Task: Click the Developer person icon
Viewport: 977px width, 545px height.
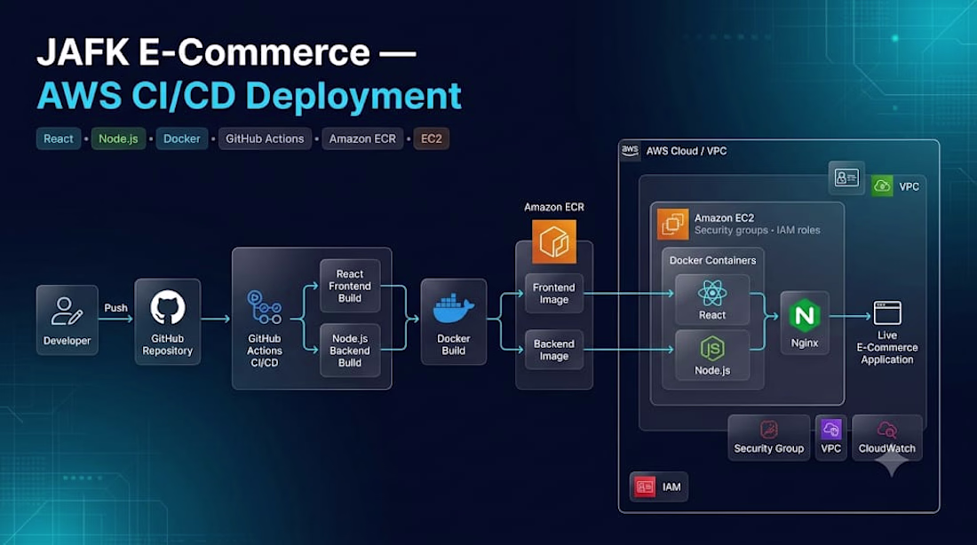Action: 67,311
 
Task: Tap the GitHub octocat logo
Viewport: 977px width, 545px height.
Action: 168,307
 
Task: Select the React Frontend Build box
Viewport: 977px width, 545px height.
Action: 350,286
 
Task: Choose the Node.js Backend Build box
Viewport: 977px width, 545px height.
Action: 350,351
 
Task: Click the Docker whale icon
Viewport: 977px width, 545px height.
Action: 453,309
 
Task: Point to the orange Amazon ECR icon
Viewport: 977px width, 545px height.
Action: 554,241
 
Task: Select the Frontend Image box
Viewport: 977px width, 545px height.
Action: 554,294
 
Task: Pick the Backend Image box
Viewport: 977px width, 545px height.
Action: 554,350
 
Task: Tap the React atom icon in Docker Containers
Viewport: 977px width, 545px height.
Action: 712,293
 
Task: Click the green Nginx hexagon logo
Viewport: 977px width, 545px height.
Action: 805,315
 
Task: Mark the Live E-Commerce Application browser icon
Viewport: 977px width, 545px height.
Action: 887,312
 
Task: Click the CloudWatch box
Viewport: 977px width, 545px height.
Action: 886,438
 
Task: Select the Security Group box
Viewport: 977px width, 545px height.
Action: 769,438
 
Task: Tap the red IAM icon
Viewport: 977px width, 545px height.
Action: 645,486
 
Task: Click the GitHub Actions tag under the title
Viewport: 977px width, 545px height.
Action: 265,138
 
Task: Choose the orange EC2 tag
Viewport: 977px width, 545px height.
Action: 431,138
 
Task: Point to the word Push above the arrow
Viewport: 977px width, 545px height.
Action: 115,308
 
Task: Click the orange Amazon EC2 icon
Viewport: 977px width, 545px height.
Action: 673,225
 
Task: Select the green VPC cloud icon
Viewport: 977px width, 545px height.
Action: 882,186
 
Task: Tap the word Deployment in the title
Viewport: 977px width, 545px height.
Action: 353,97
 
